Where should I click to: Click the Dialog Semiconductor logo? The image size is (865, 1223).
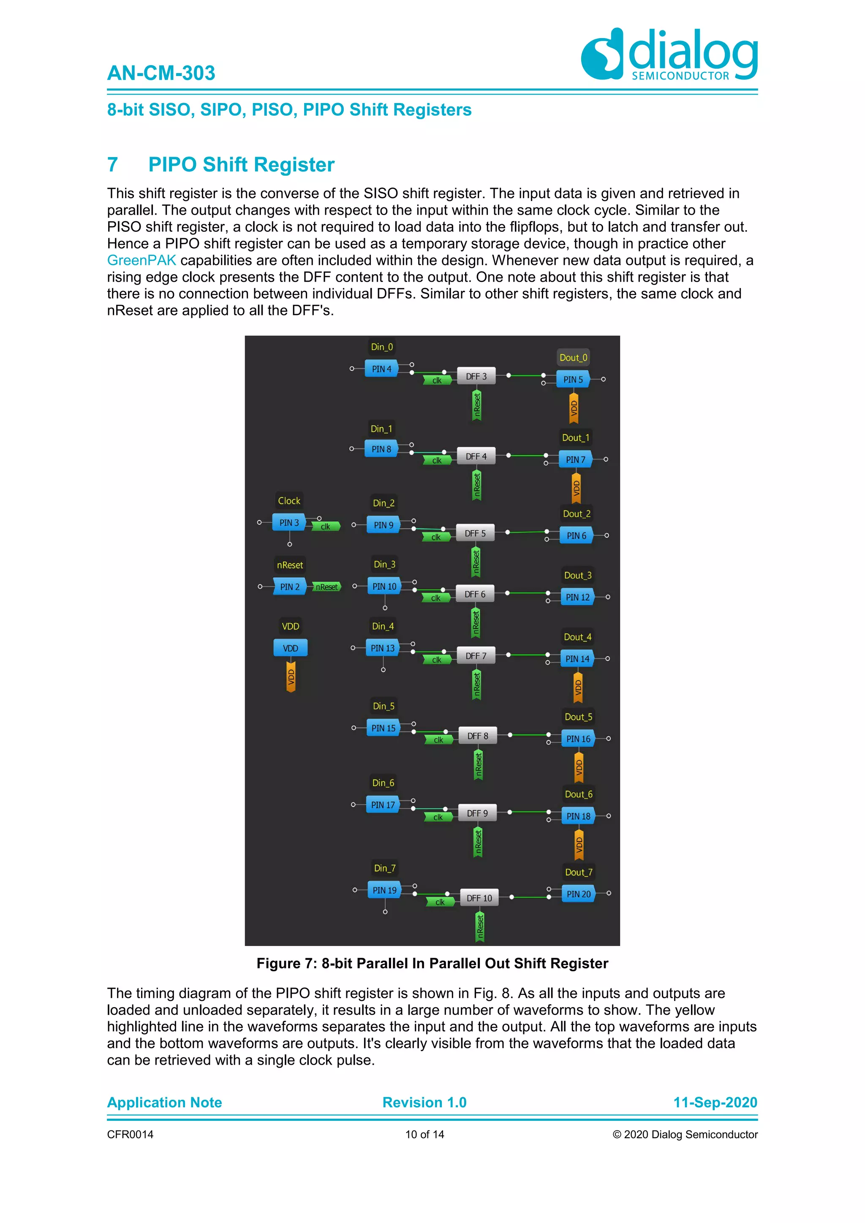click(669, 54)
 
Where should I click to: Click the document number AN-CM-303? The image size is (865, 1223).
click(161, 73)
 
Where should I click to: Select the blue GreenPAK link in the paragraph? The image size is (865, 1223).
click(141, 261)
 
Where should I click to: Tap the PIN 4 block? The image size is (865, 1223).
click(381, 369)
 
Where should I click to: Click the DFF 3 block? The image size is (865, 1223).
click(476, 376)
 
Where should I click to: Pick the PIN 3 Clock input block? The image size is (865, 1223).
click(289, 522)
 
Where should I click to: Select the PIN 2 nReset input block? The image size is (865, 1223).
click(290, 587)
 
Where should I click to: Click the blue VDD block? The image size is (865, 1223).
click(290, 648)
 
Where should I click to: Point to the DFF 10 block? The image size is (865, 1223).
click(479, 898)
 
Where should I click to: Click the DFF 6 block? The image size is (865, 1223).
click(475, 594)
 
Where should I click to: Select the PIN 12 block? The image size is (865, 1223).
click(577, 597)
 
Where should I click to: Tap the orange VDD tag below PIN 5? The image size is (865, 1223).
click(574, 408)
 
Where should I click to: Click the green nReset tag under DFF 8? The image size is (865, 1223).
click(478, 764)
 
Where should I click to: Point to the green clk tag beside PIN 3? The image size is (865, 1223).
click(325, 527)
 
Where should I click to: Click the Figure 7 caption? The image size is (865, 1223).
click(432, 963)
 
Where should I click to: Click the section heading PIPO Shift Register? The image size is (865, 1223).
click(241, 165)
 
